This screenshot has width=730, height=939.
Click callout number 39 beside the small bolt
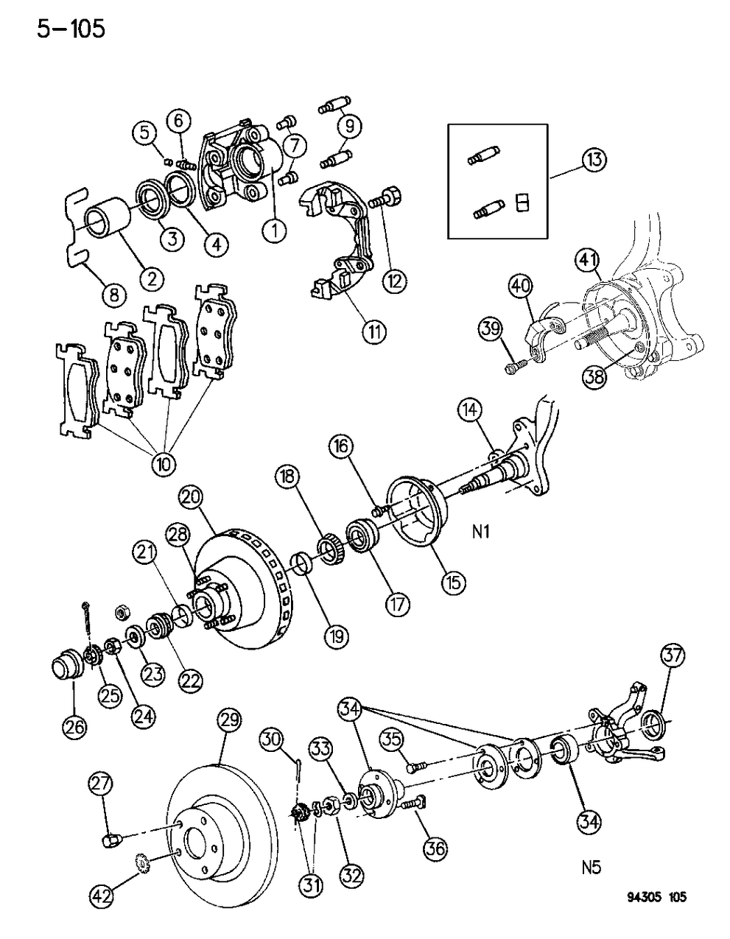(x=492, y=328)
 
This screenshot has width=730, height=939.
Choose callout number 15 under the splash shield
(x=453, y=583)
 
